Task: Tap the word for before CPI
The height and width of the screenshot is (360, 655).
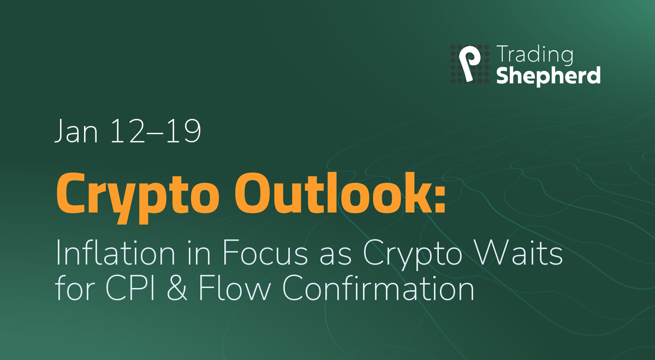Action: (73, 289)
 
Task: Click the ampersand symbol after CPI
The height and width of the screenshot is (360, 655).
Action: (183, 289)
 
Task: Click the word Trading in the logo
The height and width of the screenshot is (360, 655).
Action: (535, 56)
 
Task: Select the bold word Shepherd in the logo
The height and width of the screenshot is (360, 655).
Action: (548, 75)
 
